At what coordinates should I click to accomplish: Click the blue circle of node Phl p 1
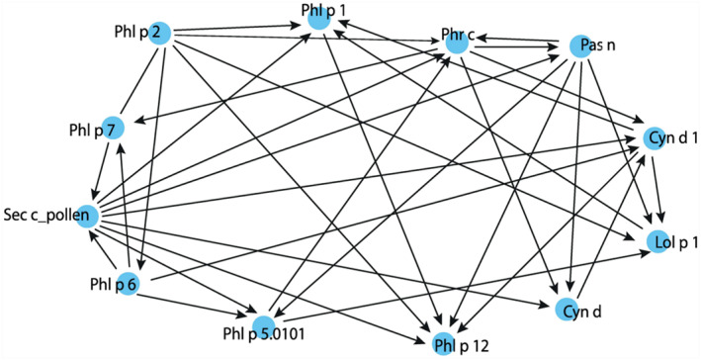(x=317, y=17)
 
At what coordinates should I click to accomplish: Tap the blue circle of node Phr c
(x=455, y=43)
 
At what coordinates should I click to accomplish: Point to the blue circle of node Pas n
(x=580, y=47)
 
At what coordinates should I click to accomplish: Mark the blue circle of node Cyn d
(x=565, y=312)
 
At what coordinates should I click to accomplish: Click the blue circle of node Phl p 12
(x=444, y=343)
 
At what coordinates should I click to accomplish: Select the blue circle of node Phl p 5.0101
(x=263, y=325)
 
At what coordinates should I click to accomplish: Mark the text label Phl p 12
(x=454, y=344)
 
